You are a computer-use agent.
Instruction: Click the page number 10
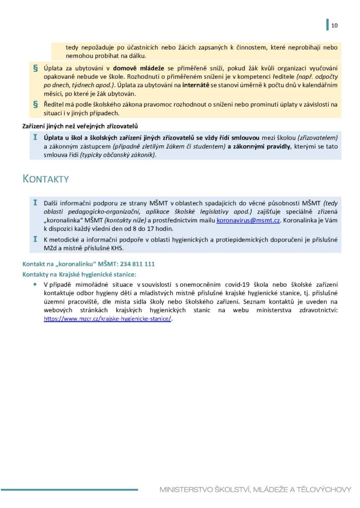click(x=334, y=26)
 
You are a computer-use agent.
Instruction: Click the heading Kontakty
click(x=46, y=179)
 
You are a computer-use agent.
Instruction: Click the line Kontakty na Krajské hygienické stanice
click(x=79, y=274)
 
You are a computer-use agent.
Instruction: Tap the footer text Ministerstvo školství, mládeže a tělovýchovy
click(x=255, y=490)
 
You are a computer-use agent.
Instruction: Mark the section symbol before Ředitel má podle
click(x=35, y=104)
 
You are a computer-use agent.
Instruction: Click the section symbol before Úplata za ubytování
click(x=35, y=66)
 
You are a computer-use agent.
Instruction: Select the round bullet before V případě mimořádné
click(x=35, y=284)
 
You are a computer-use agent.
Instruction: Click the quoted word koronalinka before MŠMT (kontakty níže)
click(x=64, y=220)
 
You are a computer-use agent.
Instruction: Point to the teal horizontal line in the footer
click(x=69, y=490)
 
